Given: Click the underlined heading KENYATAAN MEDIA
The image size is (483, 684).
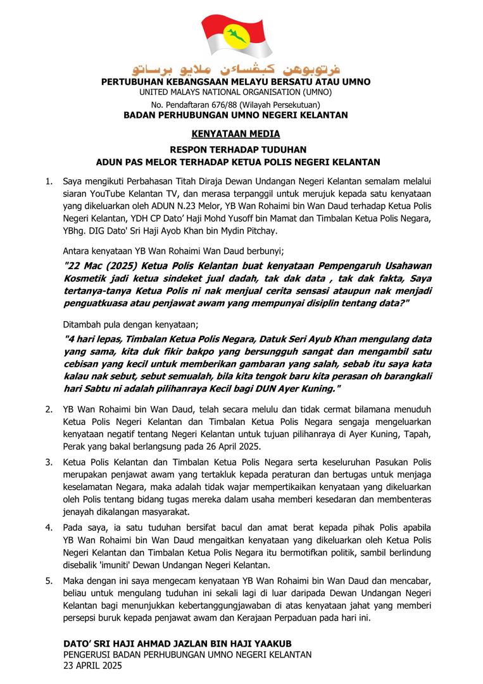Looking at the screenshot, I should pos(235,134).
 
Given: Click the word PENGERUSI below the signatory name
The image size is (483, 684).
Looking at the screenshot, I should pos(89,655).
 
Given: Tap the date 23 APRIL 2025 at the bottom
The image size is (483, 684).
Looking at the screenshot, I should pos(92,666).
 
